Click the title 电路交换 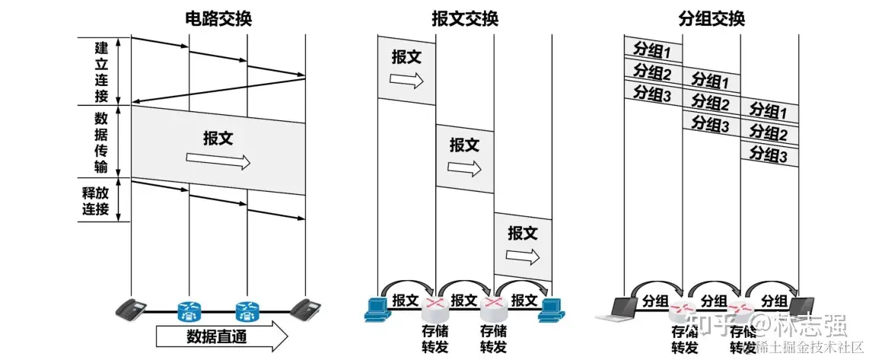[218, 18]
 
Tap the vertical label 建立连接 [101, 71]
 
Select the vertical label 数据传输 [101, 142]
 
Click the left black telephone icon [131, 308]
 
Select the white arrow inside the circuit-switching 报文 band [218, 161]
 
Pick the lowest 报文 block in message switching [523, 244]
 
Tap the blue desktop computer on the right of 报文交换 [551, 307]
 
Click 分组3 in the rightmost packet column [769, 155]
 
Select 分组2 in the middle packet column [711, 103]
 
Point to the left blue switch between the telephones [188, 309]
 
